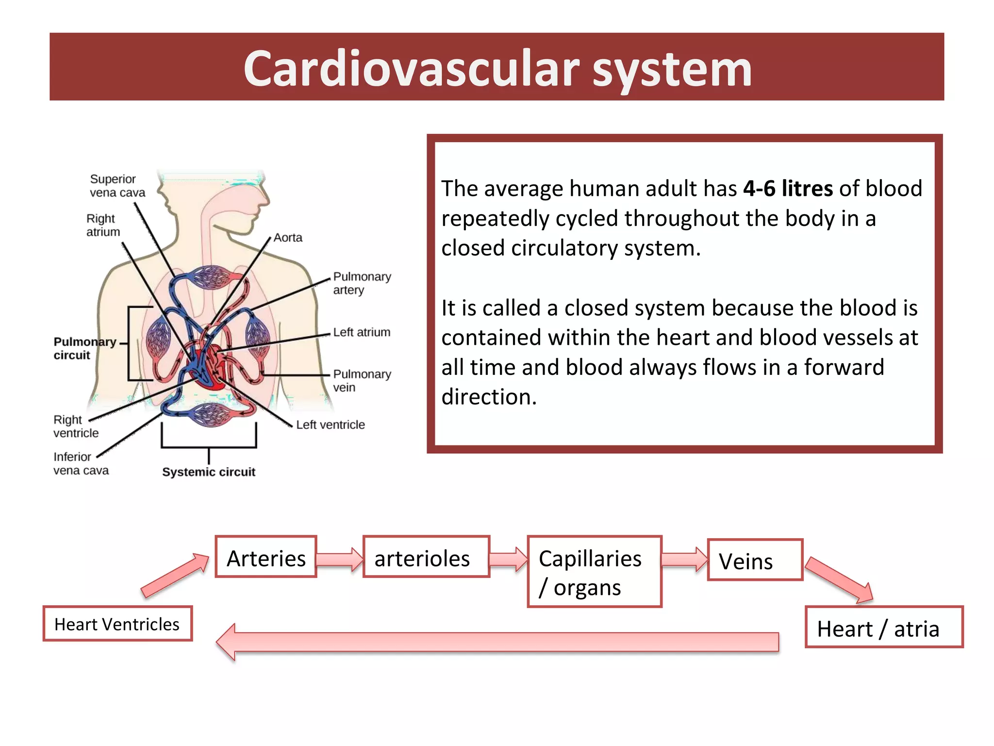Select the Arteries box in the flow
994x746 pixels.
[266, 557]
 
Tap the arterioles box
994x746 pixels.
[426, 557]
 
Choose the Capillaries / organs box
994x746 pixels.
[595, 572]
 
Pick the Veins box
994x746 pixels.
[755, 560]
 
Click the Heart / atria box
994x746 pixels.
[884, 627]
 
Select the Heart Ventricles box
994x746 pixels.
[117, 624]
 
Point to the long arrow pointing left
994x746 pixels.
[497, 642]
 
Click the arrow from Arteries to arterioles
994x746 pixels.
[340, 559]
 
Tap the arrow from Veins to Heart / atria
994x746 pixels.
[840, 580]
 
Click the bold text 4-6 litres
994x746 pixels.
[788, 188]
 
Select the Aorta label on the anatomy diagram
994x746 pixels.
[288, 237]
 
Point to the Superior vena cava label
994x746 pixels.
[117, 186]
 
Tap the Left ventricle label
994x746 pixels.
[330, 424]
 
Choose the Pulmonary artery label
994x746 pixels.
[362, 283]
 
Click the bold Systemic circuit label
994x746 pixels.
[208, 472]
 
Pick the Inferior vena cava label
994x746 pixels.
[81, 463]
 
